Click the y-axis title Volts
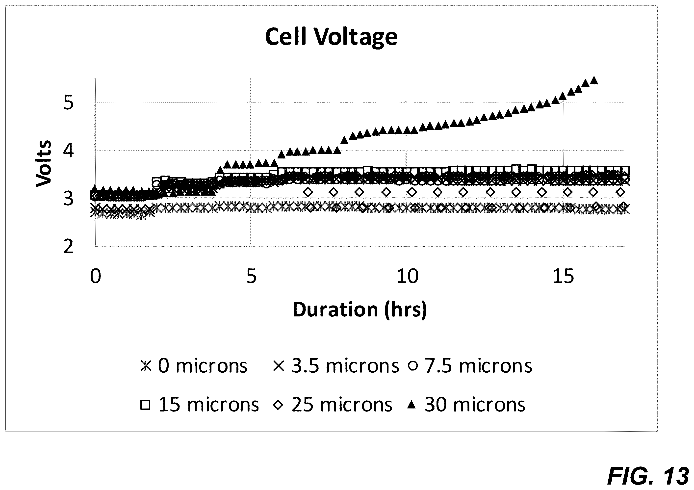(44, 163)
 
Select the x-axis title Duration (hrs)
(360, 310)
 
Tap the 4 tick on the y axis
(69, 151)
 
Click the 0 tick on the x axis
(96, 276)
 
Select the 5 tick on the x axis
(252, 276)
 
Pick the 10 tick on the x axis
(408, 276)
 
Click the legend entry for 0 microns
(194, 366)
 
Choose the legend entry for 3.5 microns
(336, 366)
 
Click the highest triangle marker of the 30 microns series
(594, 80)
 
